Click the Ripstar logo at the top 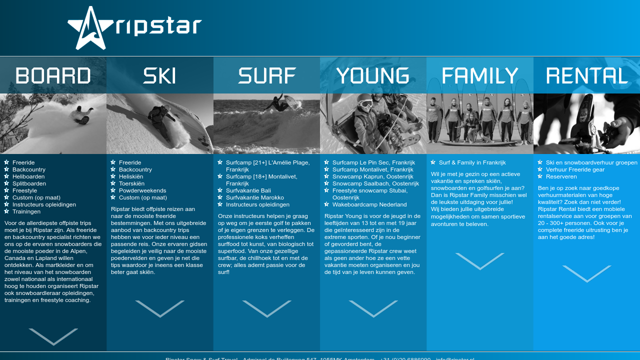134,28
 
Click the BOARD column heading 53,76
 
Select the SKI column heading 160,76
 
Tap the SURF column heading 267,76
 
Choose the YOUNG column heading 373,76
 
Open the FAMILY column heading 480,76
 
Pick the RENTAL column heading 586,76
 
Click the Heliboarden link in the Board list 28,176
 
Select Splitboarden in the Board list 29,183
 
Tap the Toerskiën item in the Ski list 131,183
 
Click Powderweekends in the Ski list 142,190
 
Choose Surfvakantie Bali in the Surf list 248,190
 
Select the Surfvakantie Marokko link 254,197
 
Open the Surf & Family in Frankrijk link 472,162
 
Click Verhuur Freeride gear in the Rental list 575,169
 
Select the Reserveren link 561,176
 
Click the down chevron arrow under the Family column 480,261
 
